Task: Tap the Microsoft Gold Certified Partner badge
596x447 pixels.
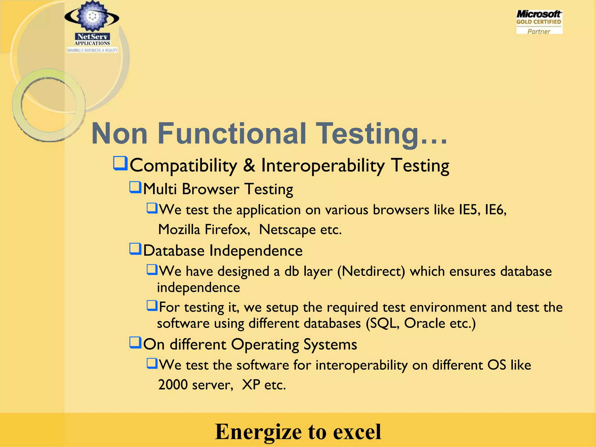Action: (539, 22)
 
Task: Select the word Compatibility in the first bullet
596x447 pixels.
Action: (183, 166)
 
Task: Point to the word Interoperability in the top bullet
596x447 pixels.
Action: (323, 166)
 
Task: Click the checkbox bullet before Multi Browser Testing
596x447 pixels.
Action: (135, 187)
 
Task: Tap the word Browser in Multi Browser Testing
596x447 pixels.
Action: (210, 189)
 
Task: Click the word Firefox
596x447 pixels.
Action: (227, 230)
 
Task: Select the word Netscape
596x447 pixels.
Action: (287, 230)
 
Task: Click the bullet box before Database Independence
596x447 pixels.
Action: (135, 249)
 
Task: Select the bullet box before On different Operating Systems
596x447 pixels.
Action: (135, 343)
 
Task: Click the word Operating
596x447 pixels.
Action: (265, 345)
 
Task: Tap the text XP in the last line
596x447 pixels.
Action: (251, 385)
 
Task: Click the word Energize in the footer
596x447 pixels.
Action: (258, 432)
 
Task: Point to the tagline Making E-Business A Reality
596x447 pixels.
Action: (92, 50)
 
